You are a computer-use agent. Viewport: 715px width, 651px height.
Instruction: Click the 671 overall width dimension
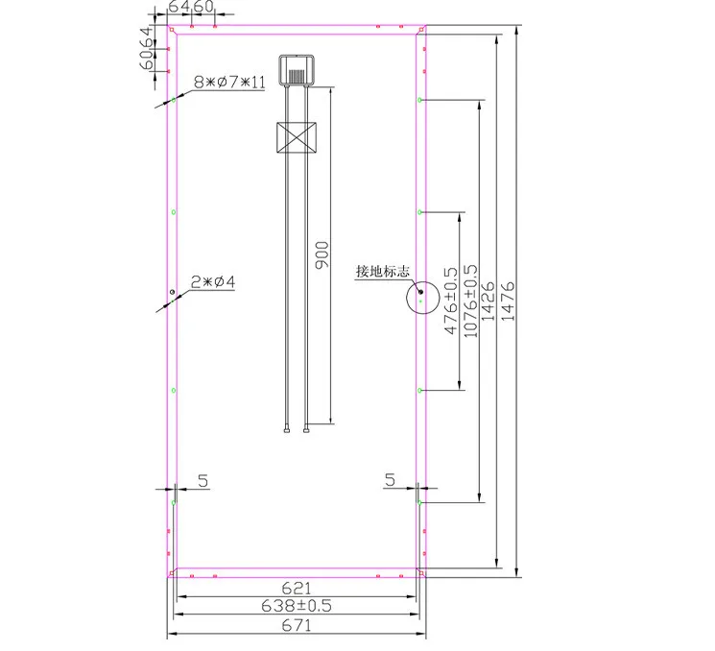pyautogui.click(x=297, y=625)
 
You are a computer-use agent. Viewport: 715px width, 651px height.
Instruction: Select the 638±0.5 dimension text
pyautogui.click(x=297, y=606)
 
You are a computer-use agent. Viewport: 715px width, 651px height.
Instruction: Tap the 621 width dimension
pyautogui.click(x=297, y=588)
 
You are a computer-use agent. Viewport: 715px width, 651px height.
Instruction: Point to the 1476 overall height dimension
pyautogui.click(x=508, y=301)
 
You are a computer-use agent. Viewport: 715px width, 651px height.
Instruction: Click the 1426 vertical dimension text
pyautogui.click(x=488, y=301)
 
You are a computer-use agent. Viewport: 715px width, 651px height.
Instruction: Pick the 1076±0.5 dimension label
pyautogui.click(x=470, y=301)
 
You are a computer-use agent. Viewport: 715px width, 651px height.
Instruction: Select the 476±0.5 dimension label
pyautogui.click(x=450, y=301)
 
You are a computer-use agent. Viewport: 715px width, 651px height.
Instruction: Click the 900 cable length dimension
pyautogui.click(x=322, y=255)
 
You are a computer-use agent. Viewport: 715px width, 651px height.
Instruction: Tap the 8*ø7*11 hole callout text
pyautogui.click(x=229, y=83)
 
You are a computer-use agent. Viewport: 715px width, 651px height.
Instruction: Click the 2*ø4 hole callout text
pyautogui.click(x=213, y=282)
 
